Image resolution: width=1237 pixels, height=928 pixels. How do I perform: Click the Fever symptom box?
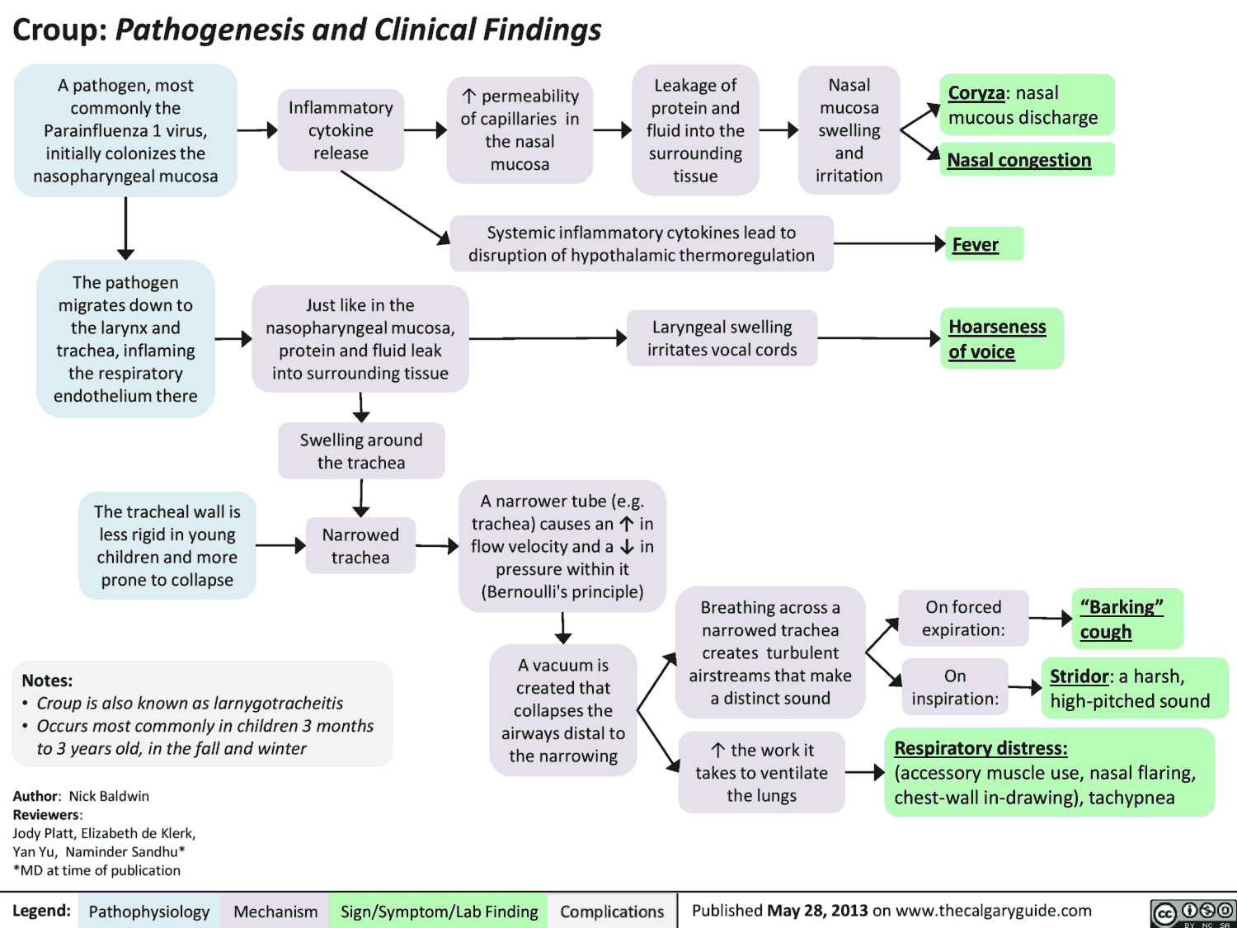point(984,244)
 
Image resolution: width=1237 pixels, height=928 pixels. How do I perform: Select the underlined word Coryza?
point(976,93)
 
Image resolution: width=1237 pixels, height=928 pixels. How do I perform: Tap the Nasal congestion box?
point(1027,160)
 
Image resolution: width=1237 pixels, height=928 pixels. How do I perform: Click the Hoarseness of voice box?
point(1001,339)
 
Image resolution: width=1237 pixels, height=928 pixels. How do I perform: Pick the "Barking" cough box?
point(1126,619)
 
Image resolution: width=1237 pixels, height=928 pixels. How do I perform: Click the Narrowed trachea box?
point(360,546)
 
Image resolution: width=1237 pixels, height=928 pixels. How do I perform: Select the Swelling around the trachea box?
point(361,451)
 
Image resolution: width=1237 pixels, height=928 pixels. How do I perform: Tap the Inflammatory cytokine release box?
point(341,130)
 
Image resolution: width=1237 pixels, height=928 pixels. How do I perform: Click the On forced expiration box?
point(963,619)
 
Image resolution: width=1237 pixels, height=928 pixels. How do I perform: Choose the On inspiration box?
point(955,687)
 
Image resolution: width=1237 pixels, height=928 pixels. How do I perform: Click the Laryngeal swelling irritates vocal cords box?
point(722,338)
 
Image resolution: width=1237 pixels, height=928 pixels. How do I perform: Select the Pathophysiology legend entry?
point(149,912)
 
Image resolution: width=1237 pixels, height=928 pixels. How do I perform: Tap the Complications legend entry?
point(612,912)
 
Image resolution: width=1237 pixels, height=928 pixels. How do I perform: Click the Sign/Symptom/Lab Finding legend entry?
point(439,912)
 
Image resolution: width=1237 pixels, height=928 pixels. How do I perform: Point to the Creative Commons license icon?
point(1193,912)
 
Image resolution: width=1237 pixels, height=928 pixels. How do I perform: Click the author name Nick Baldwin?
point(109,796)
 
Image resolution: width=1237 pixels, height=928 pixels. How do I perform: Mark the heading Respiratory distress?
point(981,748)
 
